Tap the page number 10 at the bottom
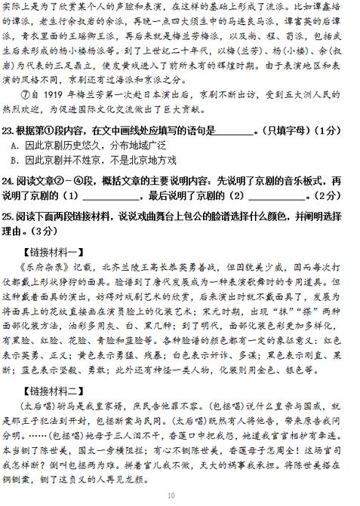point(180,495)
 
